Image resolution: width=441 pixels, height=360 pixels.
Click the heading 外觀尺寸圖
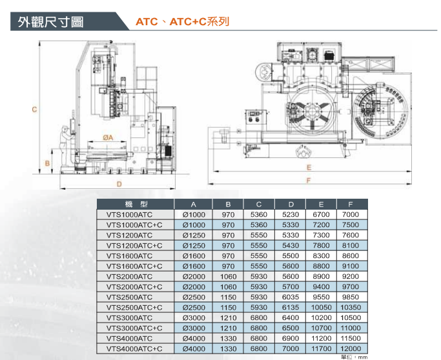(50, 22)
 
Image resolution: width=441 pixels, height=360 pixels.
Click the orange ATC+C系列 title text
(200, 22)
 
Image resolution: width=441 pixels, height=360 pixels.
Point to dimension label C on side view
(34, 109)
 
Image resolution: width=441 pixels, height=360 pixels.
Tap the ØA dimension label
(108, 137)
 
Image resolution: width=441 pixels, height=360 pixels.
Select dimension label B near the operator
(47, 163)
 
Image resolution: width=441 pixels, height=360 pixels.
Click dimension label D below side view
(119, 184)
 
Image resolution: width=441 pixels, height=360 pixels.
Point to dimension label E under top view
(309, 168)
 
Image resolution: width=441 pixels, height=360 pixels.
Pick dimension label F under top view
(309, 181)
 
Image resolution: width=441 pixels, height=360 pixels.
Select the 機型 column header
(136, 204)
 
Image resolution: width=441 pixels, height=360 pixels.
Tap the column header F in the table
(351, 205)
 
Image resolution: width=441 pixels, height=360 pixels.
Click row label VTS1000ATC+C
(134, 225)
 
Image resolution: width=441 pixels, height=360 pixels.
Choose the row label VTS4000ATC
(129, 338)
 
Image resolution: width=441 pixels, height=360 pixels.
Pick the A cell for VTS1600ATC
(194, 256)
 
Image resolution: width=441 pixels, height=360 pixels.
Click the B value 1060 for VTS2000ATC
(228, 277)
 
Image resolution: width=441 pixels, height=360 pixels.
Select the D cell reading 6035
(291, 297)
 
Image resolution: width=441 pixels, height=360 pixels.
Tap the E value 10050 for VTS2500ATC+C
(321, 308)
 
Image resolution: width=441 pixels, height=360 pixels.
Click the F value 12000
(351, 349)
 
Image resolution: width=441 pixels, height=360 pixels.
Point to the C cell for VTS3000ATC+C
(259, 328)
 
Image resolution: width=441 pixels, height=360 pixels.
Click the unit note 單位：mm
(354, 357)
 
